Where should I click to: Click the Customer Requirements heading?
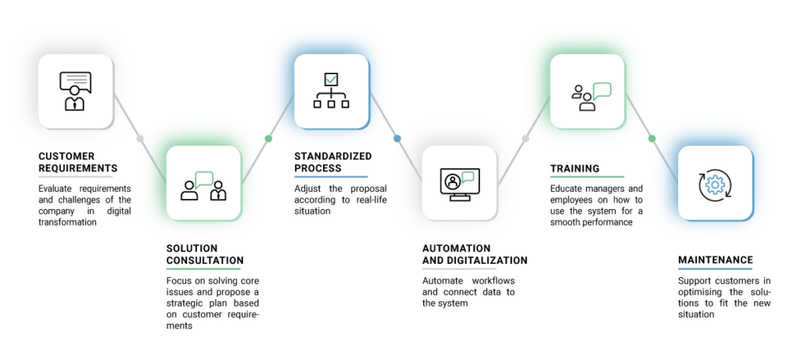(77, 162)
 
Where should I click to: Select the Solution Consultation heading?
(204, 254)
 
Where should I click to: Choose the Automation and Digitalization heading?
(474, 254)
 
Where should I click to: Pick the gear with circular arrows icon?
(714, 183)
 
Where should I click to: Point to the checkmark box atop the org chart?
(331, 78)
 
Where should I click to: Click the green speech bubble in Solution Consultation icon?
(204, 178)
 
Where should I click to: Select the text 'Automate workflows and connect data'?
(469, 292)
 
